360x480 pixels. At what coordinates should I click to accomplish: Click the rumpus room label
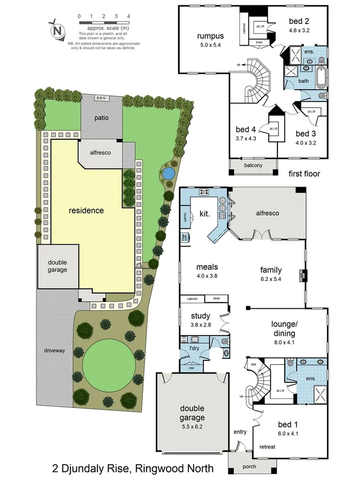pos(210,36)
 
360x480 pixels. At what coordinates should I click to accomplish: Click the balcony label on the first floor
pos(253,165)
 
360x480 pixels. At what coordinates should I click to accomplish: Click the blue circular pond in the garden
pos(167,173)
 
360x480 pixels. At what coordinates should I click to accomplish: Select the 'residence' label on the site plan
pos(86,210)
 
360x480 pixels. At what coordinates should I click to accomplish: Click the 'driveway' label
pos(54,350)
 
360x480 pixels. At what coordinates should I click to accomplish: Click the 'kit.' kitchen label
pos(204,213)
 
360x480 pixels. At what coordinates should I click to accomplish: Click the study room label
pos(201,316)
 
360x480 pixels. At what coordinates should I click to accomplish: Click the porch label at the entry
pos(249,466)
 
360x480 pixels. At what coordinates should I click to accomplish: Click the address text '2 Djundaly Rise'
pos(91,469)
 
